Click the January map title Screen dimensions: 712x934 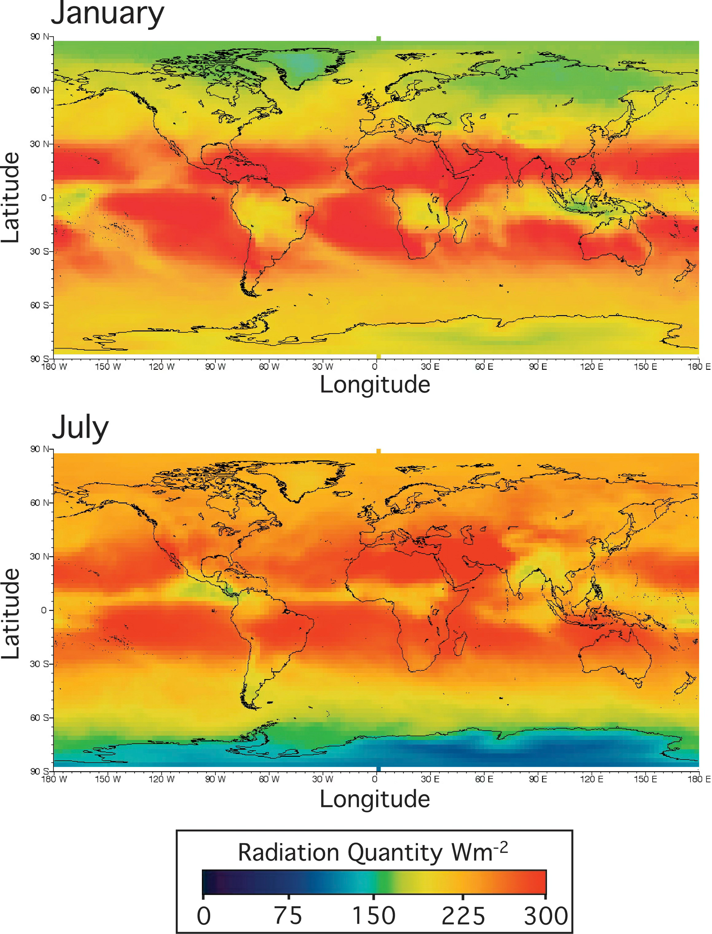(x=107, y=14)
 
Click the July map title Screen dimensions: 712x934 (x=80, y=429)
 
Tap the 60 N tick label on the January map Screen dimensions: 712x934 (x=40, y=90)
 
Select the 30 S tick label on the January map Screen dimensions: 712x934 (x=40, y=251)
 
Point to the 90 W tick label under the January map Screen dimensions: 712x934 (x=215, y=367)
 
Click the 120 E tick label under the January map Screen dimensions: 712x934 (x=592, y=367)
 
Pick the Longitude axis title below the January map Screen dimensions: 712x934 (x=375, y=385)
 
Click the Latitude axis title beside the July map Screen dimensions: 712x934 (x=11, y=614)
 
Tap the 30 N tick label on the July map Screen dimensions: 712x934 (x=40, y=556)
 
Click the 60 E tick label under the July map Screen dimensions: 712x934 (x=484, y=779)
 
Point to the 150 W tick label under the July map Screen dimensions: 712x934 (x=108, y=779)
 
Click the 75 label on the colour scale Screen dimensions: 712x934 (x=288, y=916)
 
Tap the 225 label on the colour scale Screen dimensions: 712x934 (x=463, y=916)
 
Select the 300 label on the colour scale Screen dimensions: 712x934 (x=546, y=916)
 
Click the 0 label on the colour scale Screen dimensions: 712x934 (x=203, y=916)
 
